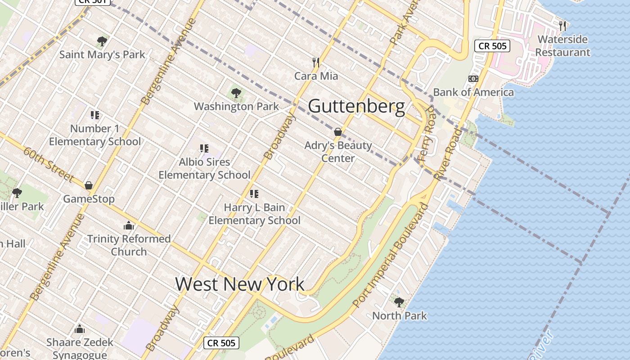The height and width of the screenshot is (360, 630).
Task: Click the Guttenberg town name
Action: pos(356,107)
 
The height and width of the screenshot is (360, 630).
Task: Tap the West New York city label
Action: pos(239,284)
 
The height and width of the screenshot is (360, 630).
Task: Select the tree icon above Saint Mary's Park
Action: pos(102,41)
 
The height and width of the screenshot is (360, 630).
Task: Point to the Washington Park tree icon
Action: pos(236,93)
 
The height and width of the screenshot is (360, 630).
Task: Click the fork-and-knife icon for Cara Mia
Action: pos(316,63)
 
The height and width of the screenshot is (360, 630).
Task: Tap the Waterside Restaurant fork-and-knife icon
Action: pos(562,26)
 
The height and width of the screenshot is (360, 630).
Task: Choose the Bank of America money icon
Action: pos(473,79)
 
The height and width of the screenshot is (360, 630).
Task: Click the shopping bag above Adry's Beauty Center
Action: pos(338,132)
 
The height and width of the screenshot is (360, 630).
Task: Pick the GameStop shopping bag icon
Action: pos(89,185)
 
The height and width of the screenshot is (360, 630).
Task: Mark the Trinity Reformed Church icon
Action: pos(129,225)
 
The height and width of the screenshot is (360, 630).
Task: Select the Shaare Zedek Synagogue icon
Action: pos(80,329)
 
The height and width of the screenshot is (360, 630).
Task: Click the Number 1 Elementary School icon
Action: pos(94,115)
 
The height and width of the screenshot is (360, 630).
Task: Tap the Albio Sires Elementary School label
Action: pos(204,168)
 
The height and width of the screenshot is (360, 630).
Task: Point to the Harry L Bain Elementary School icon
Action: pos(254,194)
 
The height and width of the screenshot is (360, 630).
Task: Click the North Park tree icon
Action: pos(399,302)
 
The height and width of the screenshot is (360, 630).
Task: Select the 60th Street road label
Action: pos(49,165)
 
